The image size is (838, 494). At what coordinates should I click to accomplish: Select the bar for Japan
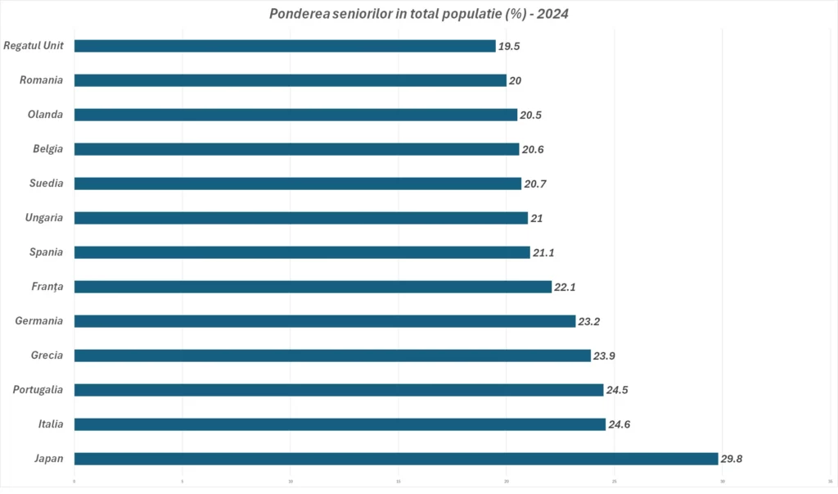click(395, 459)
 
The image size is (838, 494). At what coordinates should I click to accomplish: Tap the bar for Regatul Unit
click(285, 46)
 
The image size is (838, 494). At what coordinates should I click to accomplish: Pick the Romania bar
click(290, 80)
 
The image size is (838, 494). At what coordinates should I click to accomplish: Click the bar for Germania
click(324, 321)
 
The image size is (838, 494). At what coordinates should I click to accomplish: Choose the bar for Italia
click(340, 424)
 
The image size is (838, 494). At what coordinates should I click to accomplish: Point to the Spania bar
click(302, 252)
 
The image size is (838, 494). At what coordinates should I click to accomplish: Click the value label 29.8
click(732, 459)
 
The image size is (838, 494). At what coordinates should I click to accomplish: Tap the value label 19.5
click(509, 46)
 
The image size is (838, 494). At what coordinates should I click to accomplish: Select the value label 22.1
click(566, 287)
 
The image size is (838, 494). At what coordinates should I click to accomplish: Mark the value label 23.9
click(605, 356)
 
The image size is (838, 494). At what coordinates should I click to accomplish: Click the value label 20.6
click(534, 149)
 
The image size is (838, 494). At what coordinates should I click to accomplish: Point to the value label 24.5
click(618, 390)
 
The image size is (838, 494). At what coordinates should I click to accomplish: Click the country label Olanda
click(46, 115)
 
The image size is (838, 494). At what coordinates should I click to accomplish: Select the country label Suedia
click(46, 184)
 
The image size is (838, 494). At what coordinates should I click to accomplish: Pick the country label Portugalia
click(38, 390)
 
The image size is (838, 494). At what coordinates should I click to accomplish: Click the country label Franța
click(46, 287)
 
